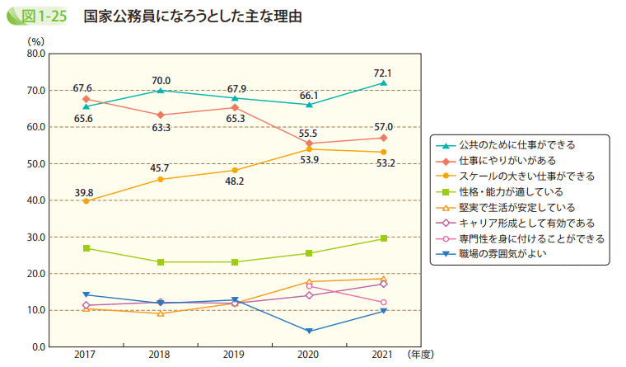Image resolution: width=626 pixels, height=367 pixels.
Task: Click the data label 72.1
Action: (383, 73)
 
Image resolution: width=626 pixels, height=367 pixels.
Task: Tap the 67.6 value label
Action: (82, 88)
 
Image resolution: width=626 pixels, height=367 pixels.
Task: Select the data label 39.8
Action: (83, 193)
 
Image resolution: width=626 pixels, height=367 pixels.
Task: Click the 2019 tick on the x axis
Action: (234, 354)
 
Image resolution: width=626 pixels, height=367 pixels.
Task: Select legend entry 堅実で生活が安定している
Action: (506, 207)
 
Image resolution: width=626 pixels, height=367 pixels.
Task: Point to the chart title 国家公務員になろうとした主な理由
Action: (192, 16)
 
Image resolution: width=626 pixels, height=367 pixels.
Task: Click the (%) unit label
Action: (35, 40)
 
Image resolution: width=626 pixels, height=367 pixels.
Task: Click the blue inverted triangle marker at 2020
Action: (309, 332)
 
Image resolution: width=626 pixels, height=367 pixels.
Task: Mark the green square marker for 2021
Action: (384, 238)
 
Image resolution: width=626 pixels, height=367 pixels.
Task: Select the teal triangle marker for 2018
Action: (161, 90)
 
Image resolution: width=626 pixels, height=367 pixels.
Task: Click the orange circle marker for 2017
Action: (86, 200)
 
